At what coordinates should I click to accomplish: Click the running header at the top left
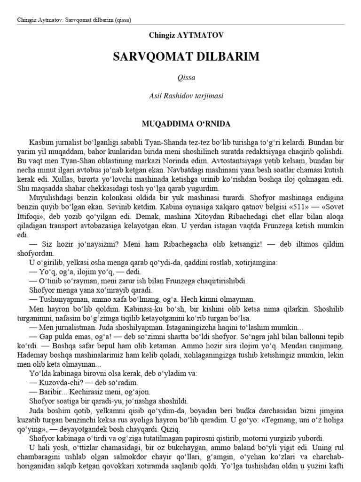[74, 20]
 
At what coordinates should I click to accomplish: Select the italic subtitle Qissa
[180, 78]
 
